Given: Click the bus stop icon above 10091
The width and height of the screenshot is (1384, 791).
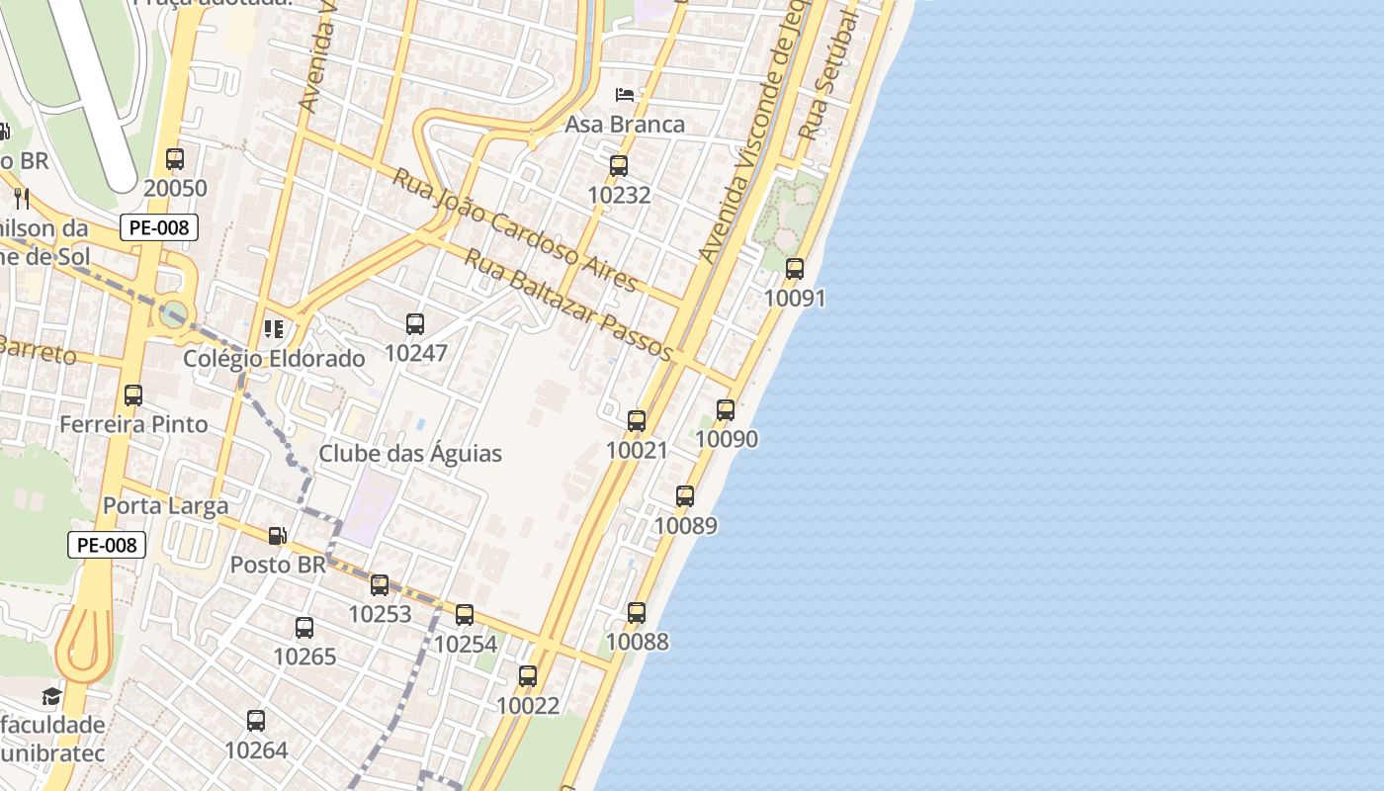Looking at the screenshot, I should (795, 268).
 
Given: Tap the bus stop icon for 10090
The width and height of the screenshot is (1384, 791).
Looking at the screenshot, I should (726, 409).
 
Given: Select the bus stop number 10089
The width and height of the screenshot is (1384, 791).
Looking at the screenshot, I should (685, 525).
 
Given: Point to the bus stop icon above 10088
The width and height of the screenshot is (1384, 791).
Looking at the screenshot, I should (637, 612).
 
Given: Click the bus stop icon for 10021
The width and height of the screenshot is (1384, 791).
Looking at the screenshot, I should (637, 421).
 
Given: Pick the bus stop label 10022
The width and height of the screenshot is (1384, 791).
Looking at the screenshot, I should (528, 706).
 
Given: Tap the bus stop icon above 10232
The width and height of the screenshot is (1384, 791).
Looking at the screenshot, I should (619, 165).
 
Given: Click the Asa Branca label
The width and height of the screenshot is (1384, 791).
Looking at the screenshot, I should (625, 125).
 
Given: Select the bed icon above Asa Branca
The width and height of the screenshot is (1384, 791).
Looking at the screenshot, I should (625, 95).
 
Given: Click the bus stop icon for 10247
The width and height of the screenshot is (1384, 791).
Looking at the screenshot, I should (415, 323).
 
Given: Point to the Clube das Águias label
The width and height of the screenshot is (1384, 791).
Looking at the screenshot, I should (410, 454).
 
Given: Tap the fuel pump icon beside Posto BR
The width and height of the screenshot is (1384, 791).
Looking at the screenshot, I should (278, 536).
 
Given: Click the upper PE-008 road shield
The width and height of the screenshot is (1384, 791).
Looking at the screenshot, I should (159, 227).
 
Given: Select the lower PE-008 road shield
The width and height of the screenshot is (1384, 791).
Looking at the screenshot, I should (107, 545).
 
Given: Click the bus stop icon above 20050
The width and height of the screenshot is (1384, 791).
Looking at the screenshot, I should (175, 158).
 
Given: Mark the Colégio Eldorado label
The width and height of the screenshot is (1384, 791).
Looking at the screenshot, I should (274, 358).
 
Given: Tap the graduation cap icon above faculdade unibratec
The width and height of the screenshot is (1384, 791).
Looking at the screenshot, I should (51, 697).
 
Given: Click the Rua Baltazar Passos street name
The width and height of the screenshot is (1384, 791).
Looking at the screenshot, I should (568, 306).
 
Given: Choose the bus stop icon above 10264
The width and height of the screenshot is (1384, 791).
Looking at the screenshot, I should (256, 721).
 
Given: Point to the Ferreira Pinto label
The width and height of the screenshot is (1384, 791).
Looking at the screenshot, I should (133, 424).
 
